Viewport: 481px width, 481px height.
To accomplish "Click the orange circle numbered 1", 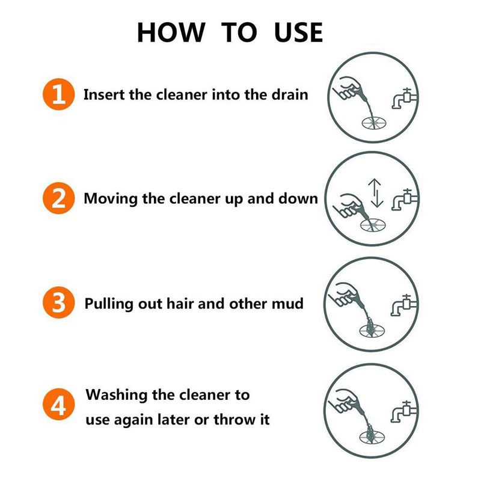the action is coord(59,94).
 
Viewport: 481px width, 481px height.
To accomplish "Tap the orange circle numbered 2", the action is coord(59,198).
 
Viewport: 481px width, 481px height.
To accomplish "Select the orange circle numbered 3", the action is coord(59,303).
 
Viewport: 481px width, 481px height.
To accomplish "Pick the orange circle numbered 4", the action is coord(59,406).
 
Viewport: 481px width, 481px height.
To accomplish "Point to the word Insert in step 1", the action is coord(103,95).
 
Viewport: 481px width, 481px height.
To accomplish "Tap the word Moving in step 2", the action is coord(110,199).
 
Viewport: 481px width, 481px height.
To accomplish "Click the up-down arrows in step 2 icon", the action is coord(375,192).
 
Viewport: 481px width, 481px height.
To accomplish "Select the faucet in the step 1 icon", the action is coord(403,99).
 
